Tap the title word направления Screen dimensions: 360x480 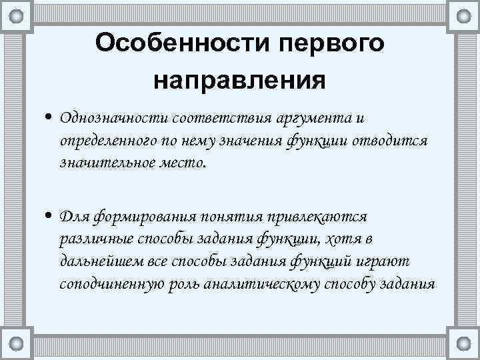pos(240,80)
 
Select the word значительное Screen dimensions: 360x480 pos(101,163)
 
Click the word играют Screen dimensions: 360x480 pos(389,261)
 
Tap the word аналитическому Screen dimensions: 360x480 pos(255,284)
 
